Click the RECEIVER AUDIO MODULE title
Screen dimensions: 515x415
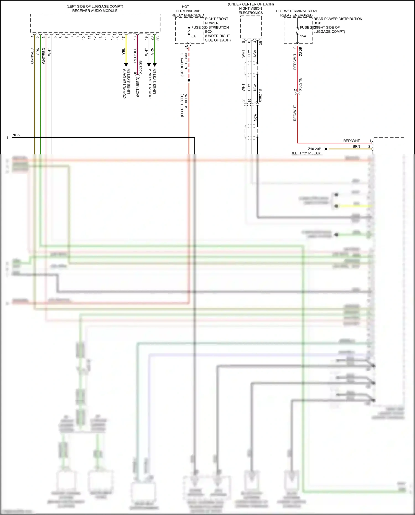click(x=95, y=11)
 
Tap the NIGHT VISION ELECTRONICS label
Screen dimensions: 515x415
click(x=251, y=11)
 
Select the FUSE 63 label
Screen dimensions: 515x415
click(x=198, y=27)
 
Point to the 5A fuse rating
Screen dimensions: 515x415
click(x=193, y=36)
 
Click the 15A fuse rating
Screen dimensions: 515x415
click(x=303, y=36)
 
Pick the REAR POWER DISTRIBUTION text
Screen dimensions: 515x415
click(x=338, y=19)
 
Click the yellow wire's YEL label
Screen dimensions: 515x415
click(x=124, y=51)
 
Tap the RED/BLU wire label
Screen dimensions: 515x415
click(x=135, y=55)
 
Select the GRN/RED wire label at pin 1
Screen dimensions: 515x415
click(x=32, y=56)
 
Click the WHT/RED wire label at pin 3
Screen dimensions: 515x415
click(x=43, y=56)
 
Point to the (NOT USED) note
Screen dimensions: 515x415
click(x=138, y=87)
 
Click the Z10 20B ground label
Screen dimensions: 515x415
click(x=315, y=149)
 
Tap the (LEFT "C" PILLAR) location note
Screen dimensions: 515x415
click(x=307, y=153)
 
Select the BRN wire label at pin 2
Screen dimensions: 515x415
click(x=356, y=146)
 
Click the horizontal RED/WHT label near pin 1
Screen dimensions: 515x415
click(x=351, y=141)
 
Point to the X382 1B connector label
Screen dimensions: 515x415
click(x=260, y=96)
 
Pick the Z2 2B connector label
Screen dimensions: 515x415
click(x=301, y=51)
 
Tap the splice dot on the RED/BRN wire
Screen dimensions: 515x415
click(x=189, y=81)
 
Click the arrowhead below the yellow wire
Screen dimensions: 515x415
click(x=126, y=65)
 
